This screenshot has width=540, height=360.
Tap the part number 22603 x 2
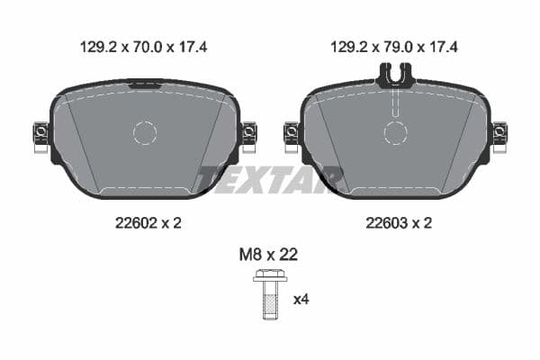[395, 222]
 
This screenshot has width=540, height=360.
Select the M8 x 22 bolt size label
[268, 255]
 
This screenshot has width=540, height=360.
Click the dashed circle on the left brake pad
[145, 133]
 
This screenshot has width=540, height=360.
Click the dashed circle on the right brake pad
[395, 133]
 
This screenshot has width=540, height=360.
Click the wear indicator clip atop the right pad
[395, 78]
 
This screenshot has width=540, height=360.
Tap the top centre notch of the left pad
[145, 85]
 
